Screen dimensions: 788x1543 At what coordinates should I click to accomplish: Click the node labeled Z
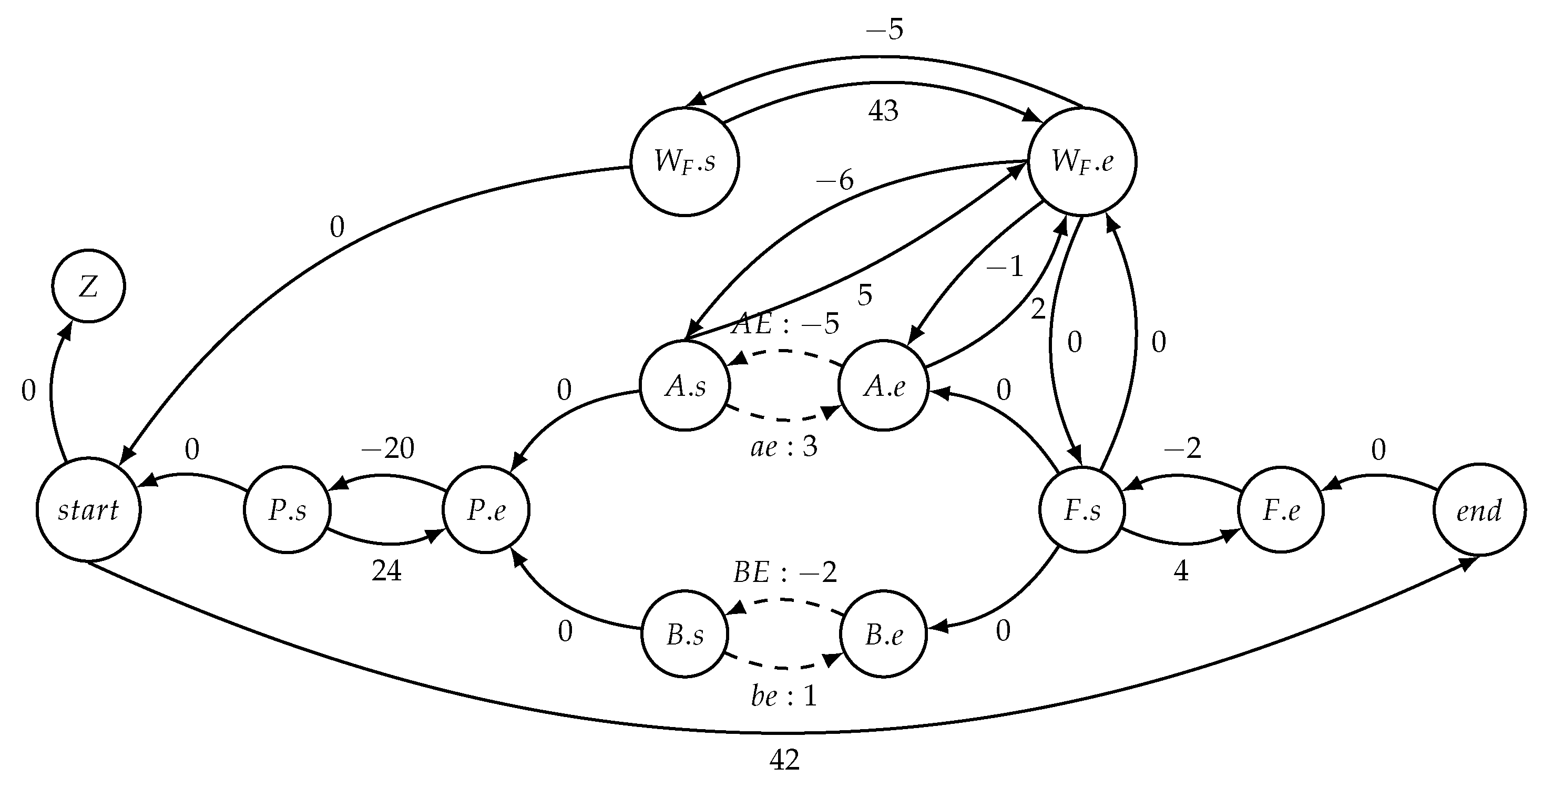89,286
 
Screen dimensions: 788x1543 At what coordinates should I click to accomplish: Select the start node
89,509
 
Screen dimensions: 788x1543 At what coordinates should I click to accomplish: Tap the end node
1479,509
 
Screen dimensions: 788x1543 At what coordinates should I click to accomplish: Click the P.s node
288,509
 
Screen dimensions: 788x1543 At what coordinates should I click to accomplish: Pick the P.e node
486,509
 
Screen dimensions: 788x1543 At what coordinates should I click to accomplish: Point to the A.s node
685,386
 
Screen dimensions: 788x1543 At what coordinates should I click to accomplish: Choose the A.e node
884,386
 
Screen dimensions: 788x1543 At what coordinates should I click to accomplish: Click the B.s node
685,634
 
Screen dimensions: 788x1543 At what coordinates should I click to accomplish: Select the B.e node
884,634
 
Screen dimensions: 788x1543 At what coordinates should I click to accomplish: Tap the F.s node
1082,509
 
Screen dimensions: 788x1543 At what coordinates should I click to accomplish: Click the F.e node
1281,509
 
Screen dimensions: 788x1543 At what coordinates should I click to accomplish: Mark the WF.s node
684,162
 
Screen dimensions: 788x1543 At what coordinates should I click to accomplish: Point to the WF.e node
1082,162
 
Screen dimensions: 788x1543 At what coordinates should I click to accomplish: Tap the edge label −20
387,448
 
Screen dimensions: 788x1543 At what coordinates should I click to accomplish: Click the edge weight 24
386,571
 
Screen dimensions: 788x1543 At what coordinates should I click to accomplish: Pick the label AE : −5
785,324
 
